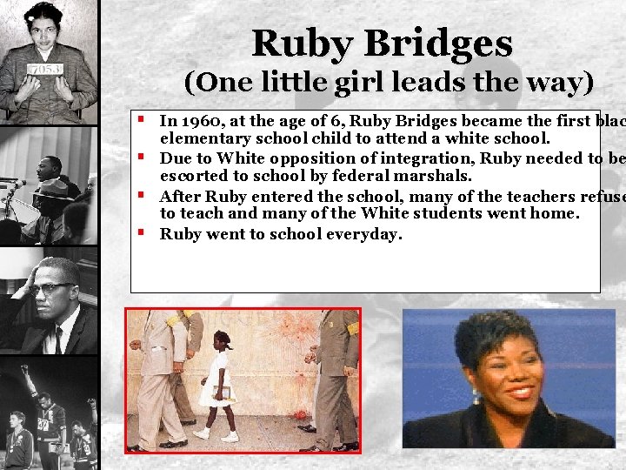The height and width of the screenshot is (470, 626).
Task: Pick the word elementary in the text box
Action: point(202,138)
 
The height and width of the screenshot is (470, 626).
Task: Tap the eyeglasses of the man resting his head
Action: point(52,288)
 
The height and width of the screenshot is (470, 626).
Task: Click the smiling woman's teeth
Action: point(520,391)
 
